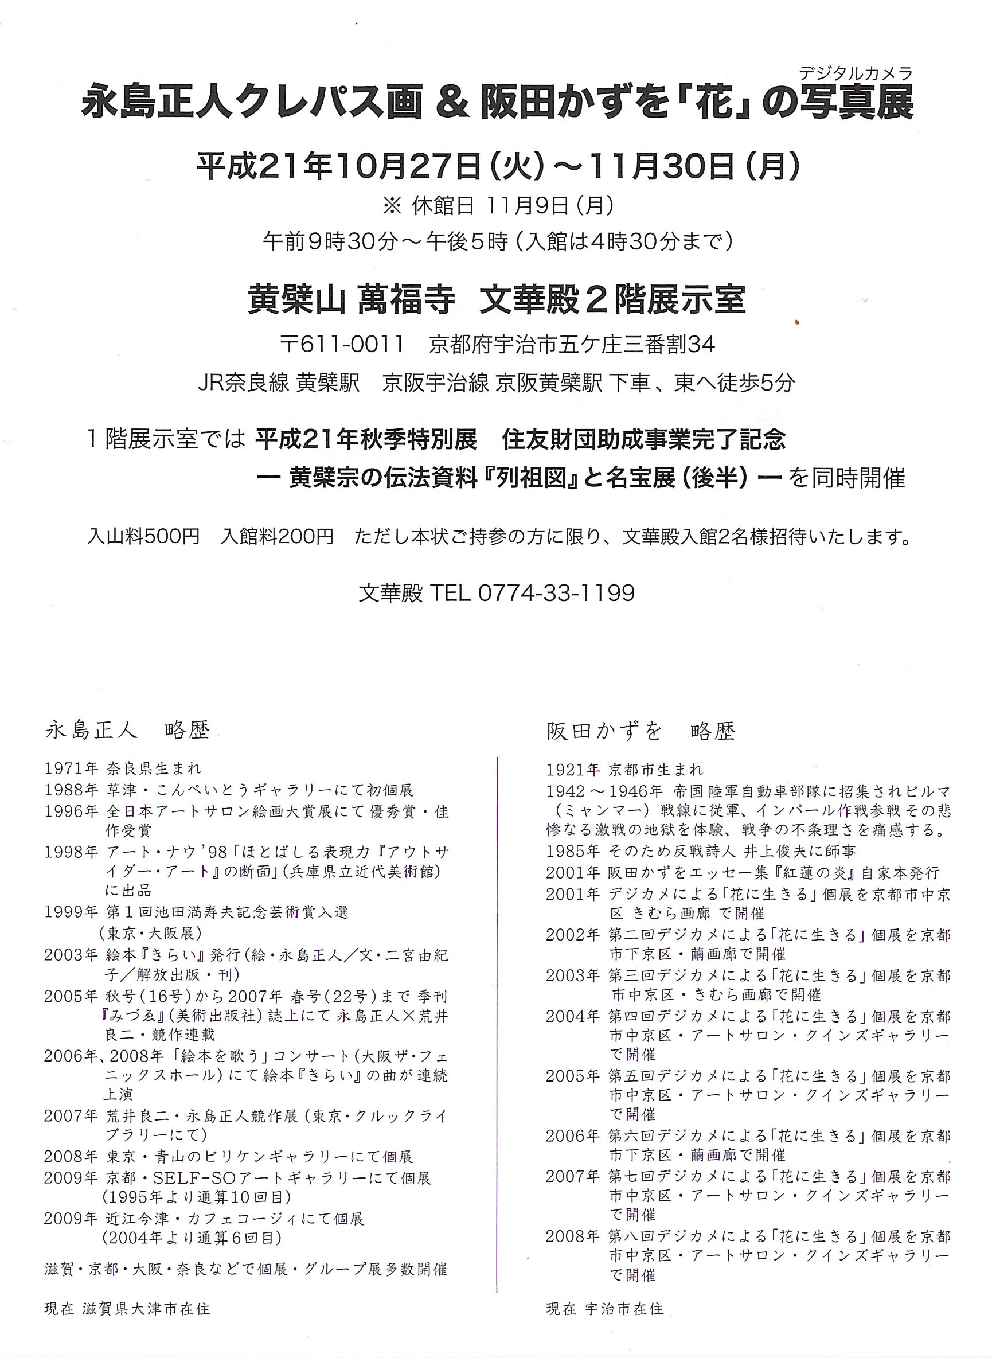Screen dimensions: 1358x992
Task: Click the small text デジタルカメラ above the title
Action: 855,73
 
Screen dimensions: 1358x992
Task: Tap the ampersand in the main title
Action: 453,102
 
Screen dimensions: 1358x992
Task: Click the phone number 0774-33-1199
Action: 556,593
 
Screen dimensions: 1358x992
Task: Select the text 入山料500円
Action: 143,536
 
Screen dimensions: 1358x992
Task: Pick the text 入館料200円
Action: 277,536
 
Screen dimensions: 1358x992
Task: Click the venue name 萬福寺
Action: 407,300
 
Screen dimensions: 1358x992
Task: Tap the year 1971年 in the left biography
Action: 71,768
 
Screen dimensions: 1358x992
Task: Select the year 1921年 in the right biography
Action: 572,770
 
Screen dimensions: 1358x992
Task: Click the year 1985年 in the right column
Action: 572,851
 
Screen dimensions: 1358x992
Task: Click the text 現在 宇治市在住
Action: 605,1309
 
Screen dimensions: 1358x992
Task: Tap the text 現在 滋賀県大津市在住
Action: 127,1309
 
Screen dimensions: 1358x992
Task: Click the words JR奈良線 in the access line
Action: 243,383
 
